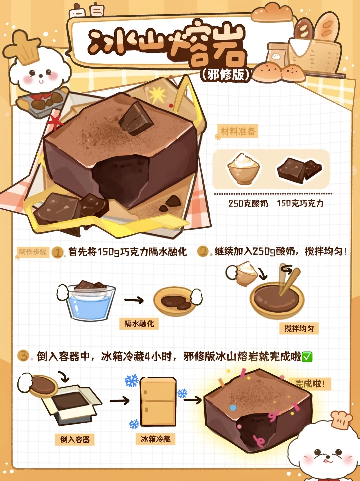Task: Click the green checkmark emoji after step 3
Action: point(307,357)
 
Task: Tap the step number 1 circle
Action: point(58,252)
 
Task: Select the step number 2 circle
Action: point(203,251)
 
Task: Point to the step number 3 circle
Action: point(23,356)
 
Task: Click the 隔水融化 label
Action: point(139,324)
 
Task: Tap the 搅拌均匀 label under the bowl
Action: point(299,328)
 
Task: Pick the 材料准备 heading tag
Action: point(238,132)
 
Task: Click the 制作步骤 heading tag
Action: point(33,252)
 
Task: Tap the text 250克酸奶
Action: point(248,204)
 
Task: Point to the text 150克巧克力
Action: point(300,204)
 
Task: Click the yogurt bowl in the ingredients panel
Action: point(243,168)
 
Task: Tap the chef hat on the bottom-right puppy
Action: point(341,420)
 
